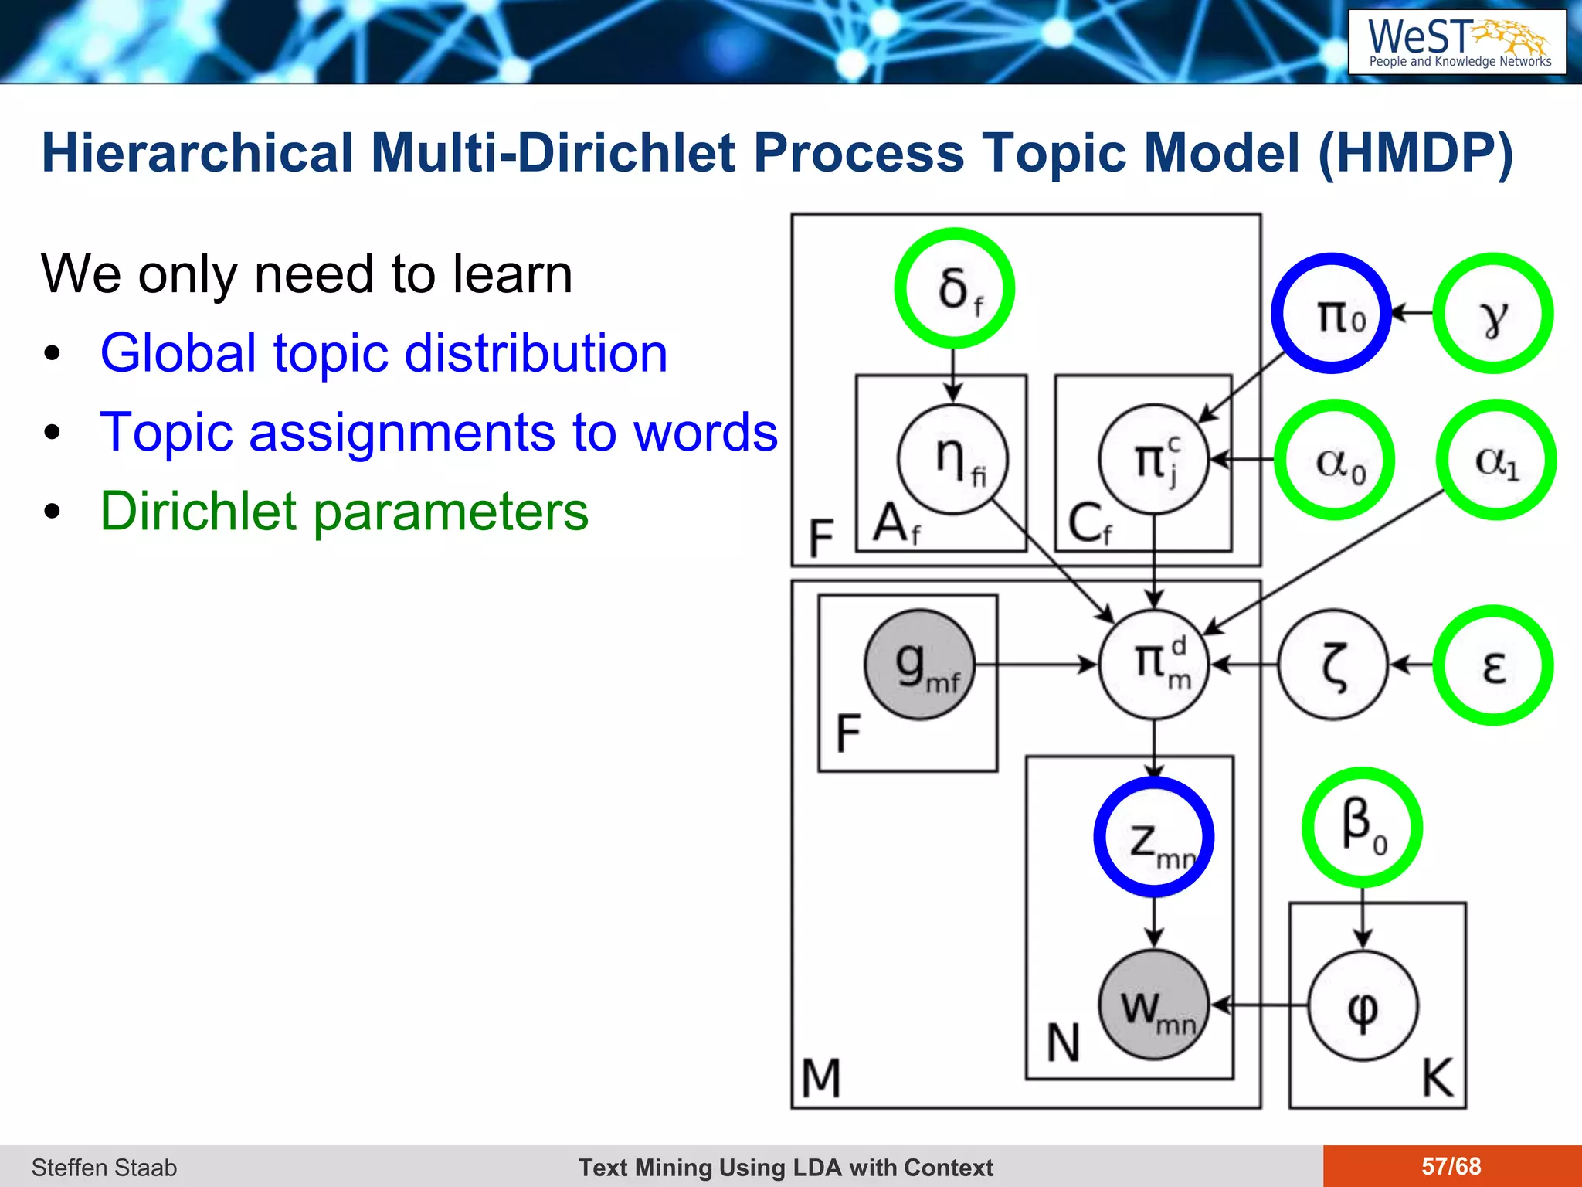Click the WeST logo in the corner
click(1457, 43)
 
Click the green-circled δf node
click(954, 288)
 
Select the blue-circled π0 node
click(1331, 314)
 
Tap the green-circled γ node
click(1492, 314)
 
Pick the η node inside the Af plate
click(953, 460)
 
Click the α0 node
click(1334, 461)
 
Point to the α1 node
click(1495, 461)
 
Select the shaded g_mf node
click(920, 665)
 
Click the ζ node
click(1333, 665)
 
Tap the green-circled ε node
click(1492, 665)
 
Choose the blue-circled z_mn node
click(1154, 837)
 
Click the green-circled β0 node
click(1362, 827)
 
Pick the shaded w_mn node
click(1154, 1005)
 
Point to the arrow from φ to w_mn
click(1259, 1005)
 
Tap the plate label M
click(821, 1077)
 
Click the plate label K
click(1438, 1077)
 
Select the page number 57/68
click(1451, 1166)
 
